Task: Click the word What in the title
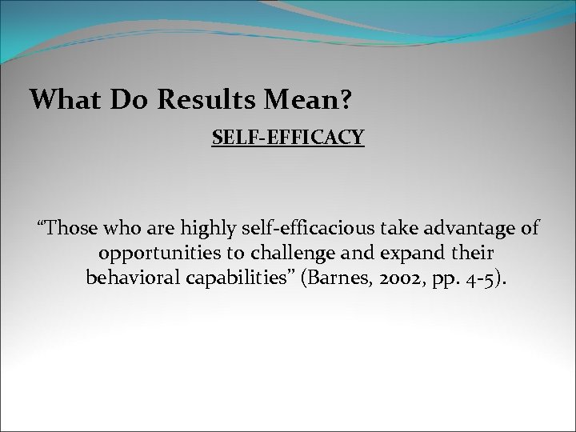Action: (x=61, y=99)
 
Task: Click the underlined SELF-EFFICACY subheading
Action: (x=288, y=139)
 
